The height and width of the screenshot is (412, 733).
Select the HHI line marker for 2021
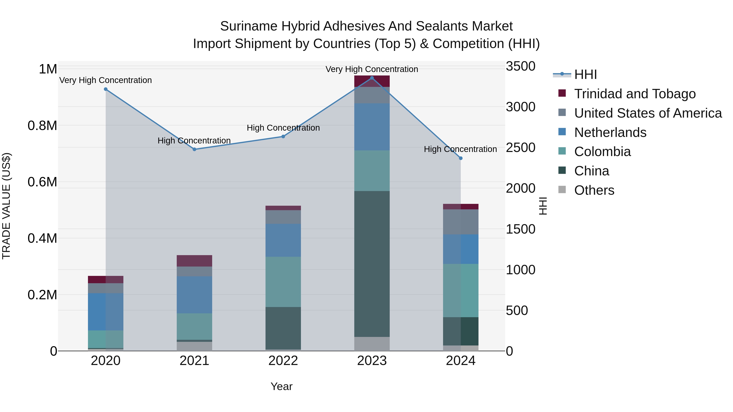click(194, 149)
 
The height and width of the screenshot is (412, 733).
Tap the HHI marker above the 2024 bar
click(461, 158)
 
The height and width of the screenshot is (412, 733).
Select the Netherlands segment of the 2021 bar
click(194, 295)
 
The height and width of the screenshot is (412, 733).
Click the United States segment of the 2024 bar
click(461, 222)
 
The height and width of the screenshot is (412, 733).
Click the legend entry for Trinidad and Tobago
click(634, 94)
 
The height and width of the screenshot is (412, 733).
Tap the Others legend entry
click(594, 190)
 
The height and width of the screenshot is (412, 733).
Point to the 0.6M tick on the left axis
click(42, 182)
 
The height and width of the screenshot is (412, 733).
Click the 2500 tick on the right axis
click(520, 148)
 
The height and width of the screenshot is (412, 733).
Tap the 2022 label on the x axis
click(283, 361)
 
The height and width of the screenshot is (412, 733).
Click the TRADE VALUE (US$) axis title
click(7, 206)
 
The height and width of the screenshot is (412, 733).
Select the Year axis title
click(281, 386)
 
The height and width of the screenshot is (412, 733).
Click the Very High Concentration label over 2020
click(105, 80)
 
